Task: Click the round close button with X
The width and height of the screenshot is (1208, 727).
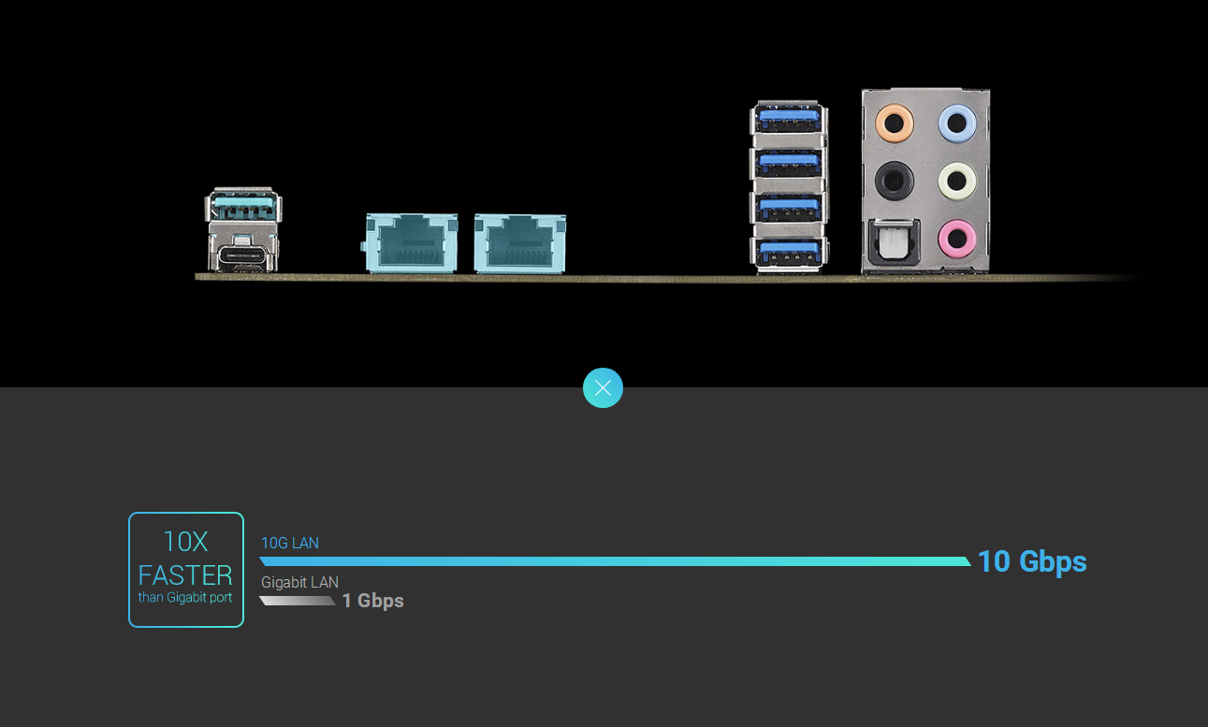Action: click(x=603, y=387)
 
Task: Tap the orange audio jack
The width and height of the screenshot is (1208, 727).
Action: click(x=894, y=122)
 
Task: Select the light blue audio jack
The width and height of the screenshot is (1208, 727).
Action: click(x=956, y=122)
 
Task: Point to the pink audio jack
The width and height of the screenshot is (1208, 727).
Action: click(x=956, y=237)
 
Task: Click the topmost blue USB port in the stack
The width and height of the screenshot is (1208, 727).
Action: click(x=790, y=118)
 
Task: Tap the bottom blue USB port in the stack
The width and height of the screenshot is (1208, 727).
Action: click(x=790, y=250)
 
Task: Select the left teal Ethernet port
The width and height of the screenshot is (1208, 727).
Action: click(x=411, y=243)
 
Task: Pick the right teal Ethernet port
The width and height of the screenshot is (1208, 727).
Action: click(x=519, y=243)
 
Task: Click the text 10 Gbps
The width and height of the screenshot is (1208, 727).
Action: click(x=1032, y=561)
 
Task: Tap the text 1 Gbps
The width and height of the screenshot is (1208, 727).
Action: click(x=372, y=601)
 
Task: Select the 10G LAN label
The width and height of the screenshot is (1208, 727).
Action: click(x=290, y=543)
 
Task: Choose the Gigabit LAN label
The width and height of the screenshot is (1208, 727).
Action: click(x=299, y=582)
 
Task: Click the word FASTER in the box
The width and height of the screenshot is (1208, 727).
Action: click(x=185, y=574)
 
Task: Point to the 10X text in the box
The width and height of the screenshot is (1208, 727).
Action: click(x=185, y=541)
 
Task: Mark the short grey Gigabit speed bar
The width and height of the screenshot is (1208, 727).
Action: click(x=298, y=601)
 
